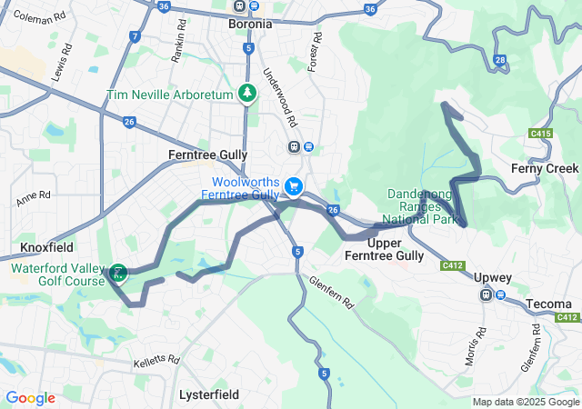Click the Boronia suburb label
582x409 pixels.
point(250,25)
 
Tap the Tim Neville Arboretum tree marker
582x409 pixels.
point(246,94)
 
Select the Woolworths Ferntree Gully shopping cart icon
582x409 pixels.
point(294,185)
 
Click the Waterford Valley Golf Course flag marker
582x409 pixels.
point(118,272)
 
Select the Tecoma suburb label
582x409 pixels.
point(548,304)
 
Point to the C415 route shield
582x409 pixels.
point(541,134)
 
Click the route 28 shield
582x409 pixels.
point(501,60)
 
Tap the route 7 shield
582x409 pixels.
point(135,36)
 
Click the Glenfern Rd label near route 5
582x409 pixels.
point(332,295)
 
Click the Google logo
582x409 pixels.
point(30,398)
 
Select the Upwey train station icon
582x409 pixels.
point(487,294)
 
